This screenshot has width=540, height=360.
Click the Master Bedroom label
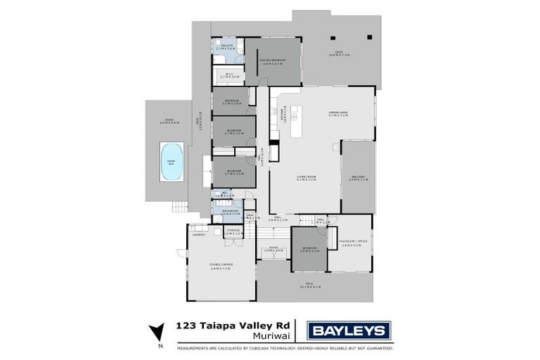(x=272, y=62)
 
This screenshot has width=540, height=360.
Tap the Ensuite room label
(x=225, y=49)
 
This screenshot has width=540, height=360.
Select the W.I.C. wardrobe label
(x=230, y=77)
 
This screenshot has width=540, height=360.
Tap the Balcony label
(x=359, y=179)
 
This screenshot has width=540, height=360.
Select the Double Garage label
(x=220, y=266)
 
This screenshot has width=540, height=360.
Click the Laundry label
(x=198, y=235)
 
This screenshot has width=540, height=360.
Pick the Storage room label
(x=233, y=231)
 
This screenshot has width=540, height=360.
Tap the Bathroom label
(x=231, y=212)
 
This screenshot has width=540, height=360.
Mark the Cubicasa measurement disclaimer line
(x=285, y=347)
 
